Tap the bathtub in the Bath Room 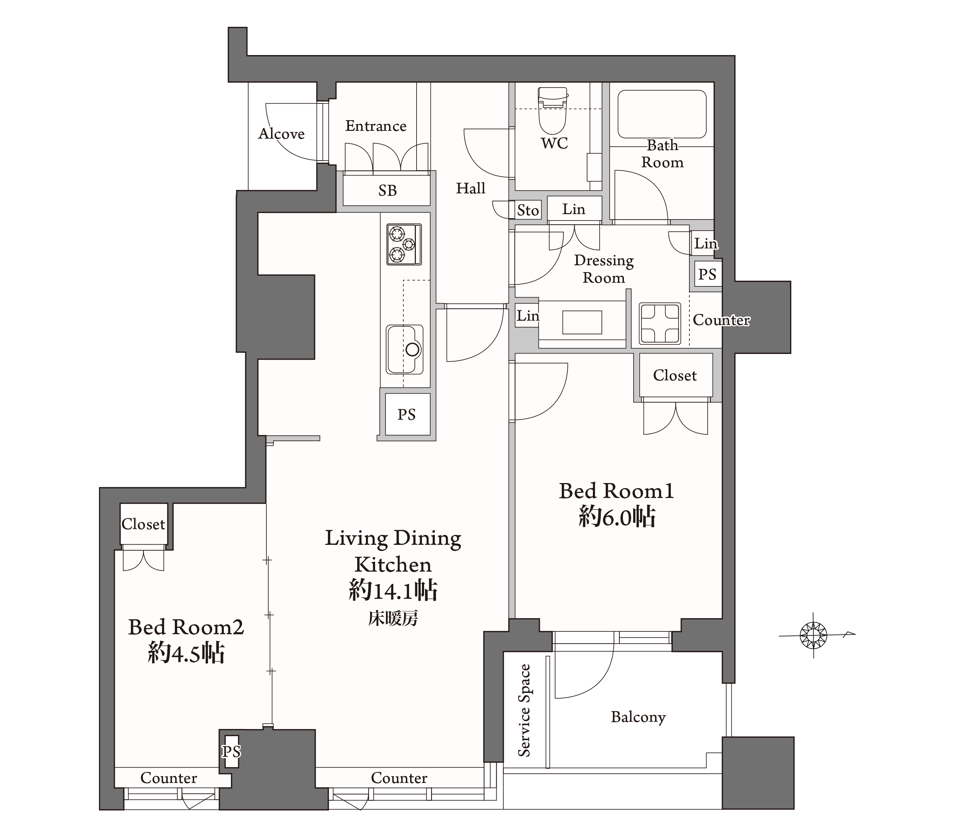662,114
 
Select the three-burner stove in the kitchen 404,245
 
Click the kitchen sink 405,350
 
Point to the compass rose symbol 813,635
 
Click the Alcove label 281,134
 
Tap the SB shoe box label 387,191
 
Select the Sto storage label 528,211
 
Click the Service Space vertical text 525,710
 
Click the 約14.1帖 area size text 393,591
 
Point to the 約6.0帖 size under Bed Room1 617,517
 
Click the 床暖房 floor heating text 393,619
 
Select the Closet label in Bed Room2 143,524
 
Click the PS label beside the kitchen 407,414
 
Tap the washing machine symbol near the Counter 659,324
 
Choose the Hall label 471,188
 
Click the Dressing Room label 604,269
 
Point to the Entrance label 376,126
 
